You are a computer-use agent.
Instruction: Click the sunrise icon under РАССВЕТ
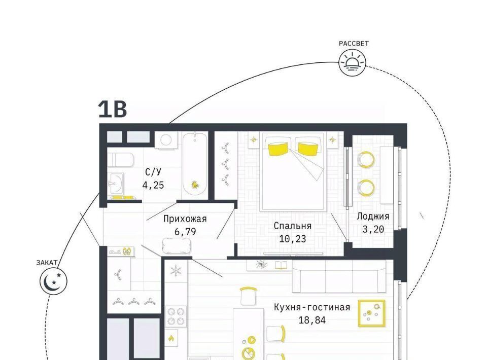352,63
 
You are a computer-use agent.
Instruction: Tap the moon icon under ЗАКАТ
53,281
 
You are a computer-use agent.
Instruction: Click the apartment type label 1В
113,109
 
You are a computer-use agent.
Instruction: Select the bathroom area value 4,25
153,185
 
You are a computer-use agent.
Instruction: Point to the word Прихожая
185,219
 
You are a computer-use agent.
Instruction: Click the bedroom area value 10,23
292,239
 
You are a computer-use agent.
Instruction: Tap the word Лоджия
373,217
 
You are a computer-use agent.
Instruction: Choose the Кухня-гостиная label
312,307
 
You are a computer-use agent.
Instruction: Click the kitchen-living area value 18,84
312,320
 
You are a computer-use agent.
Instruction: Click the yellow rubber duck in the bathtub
195,185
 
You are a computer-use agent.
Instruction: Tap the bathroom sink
116,183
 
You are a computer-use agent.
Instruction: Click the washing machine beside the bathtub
166,140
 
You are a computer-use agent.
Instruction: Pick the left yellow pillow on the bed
277,149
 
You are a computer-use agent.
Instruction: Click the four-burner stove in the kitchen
176,316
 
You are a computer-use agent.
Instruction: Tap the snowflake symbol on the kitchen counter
176,271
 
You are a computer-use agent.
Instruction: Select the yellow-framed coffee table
371,313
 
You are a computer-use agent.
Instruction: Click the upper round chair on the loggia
366,160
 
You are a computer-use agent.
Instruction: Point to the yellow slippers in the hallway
127,251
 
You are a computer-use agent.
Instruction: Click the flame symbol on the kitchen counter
171,339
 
